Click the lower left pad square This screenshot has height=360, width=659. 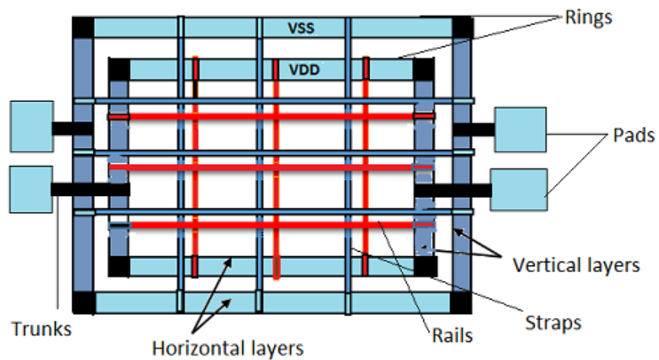[30, 189]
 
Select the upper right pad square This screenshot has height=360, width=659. [520, 129]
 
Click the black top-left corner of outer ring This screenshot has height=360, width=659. [82, 27]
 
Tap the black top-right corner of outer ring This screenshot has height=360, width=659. [463, 27]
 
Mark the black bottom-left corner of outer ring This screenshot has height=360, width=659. [82, 302]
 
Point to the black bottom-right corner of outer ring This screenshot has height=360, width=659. [463, 302]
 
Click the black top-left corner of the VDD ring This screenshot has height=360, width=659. [118, 68]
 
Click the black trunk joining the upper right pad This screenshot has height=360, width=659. [474, 129]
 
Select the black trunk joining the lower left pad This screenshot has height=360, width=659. [89, 189]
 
